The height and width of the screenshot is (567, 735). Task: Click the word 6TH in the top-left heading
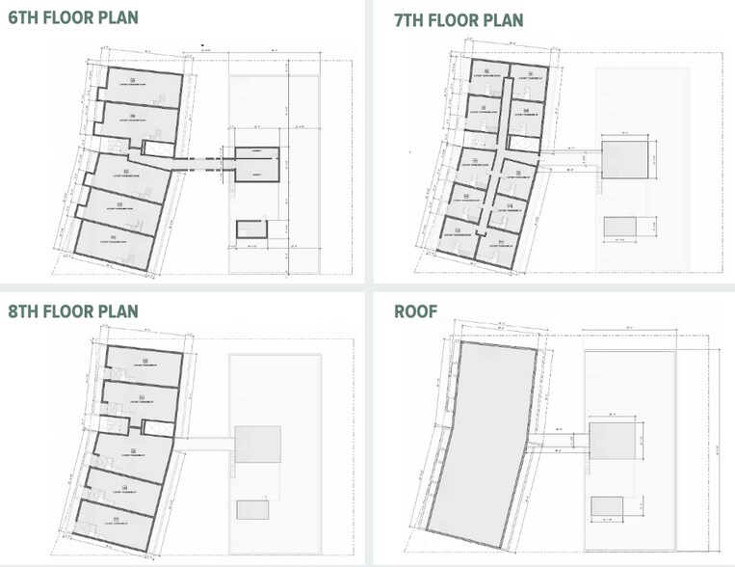tap(26, 18)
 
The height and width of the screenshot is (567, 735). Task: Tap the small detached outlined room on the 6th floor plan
tap(251, 229)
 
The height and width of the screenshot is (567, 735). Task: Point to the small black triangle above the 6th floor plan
tap(200, 44)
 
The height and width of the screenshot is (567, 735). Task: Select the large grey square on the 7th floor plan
tap(629, 157)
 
